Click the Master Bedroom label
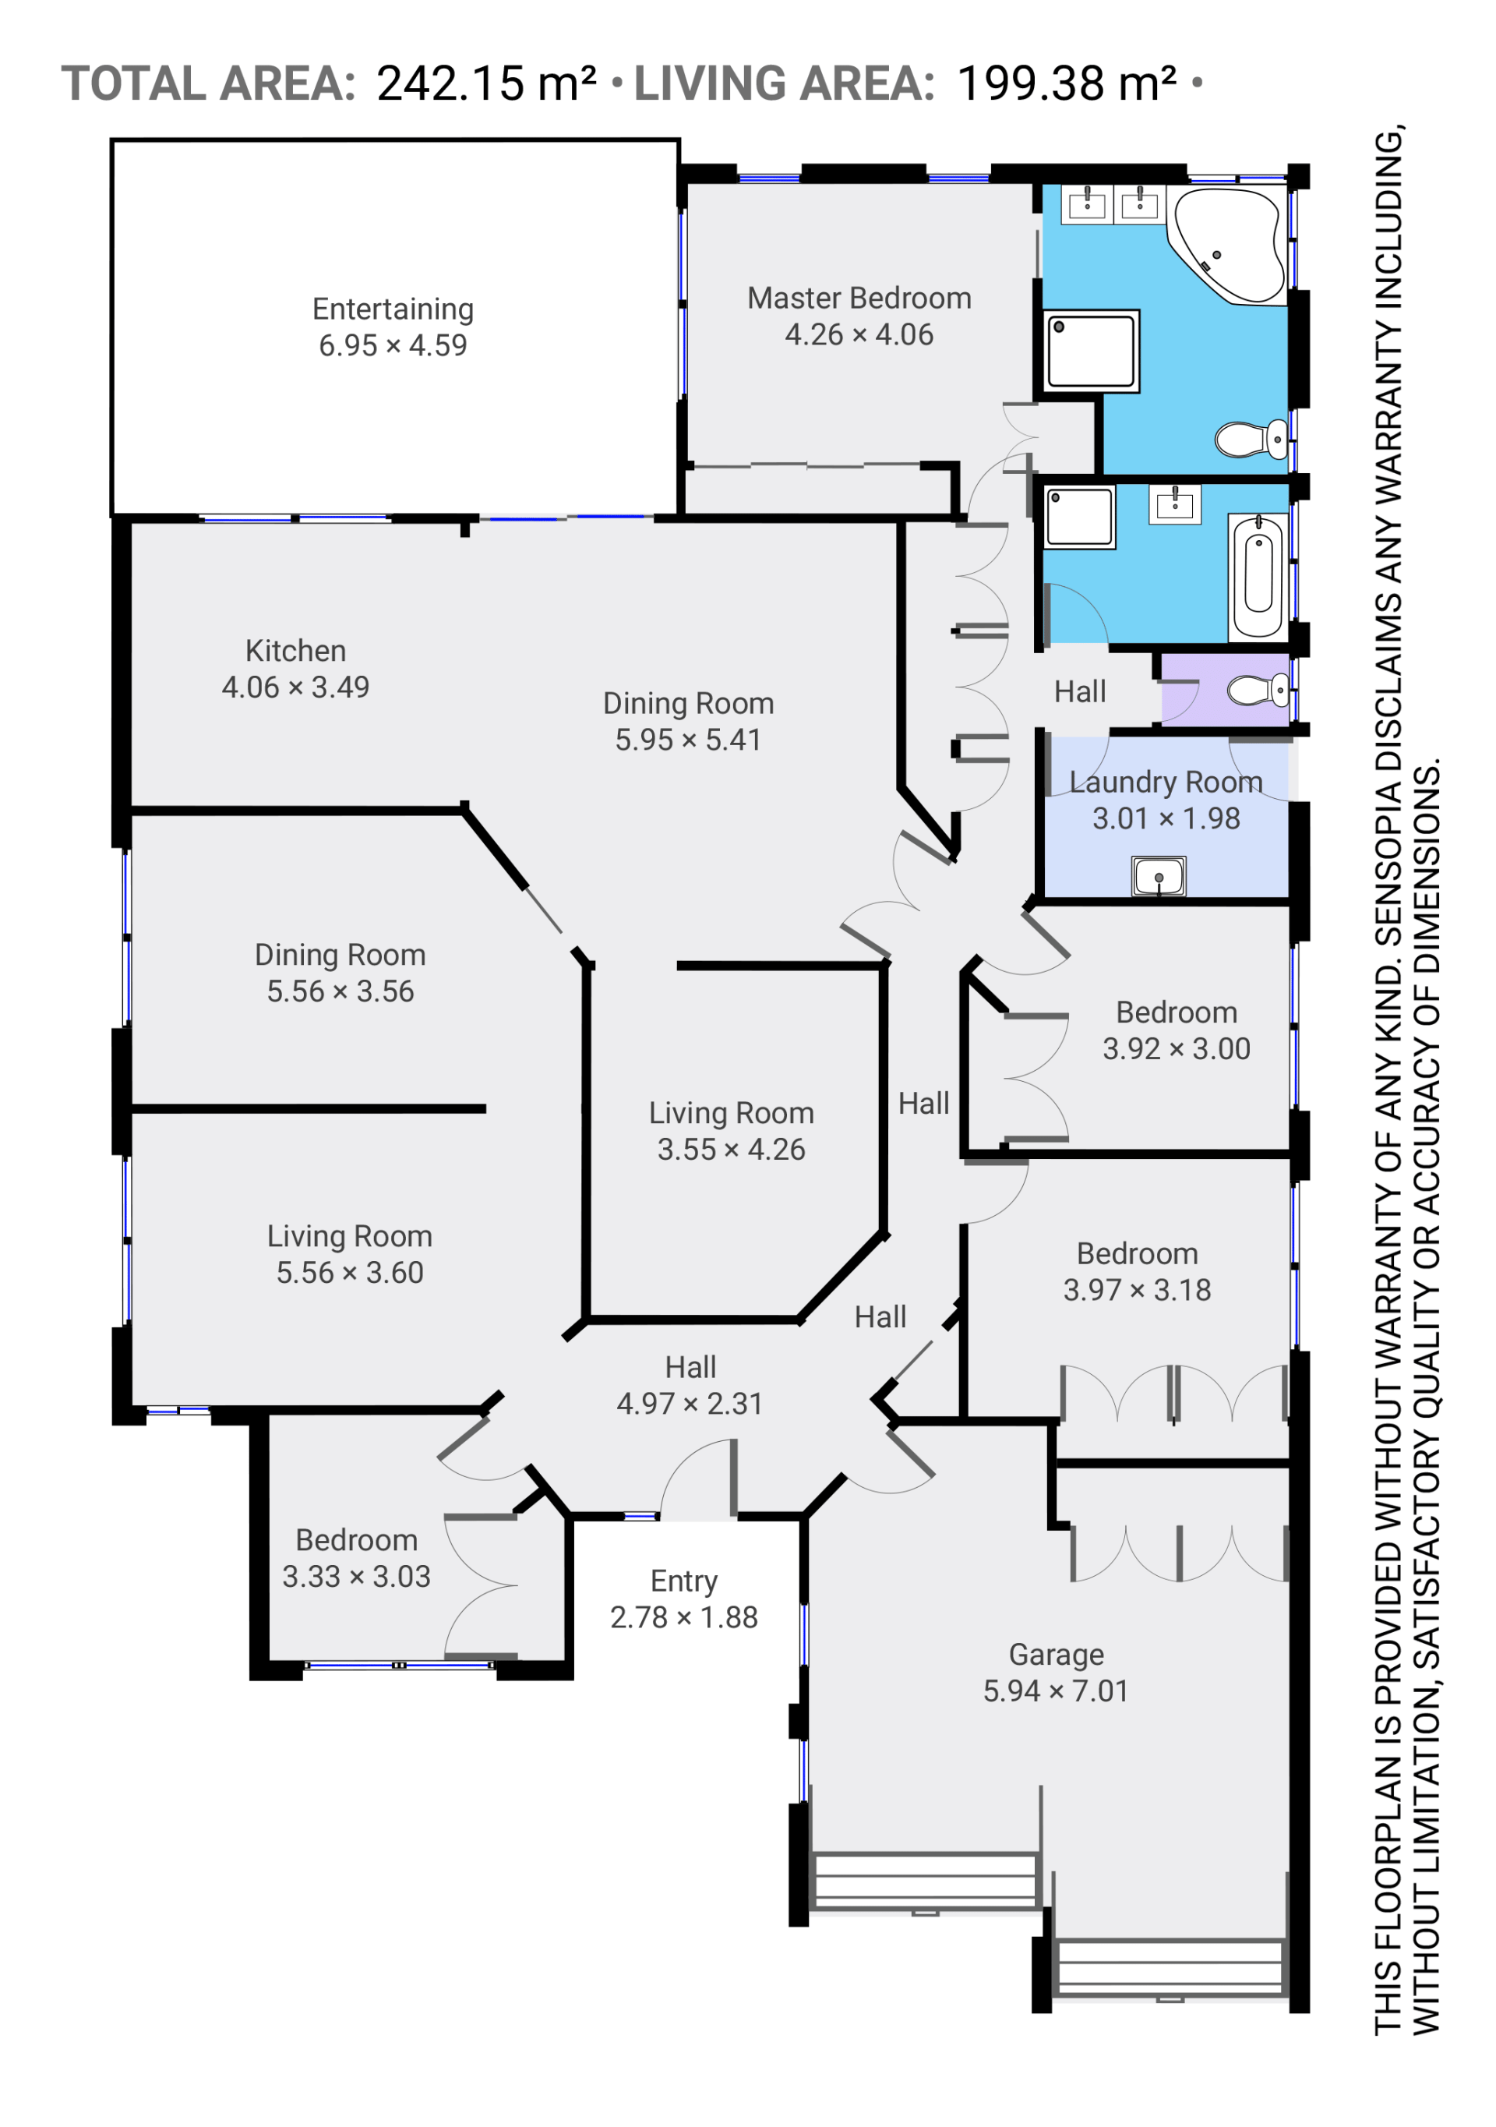pyautogui.click(x=859, y=299)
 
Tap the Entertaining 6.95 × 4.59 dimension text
pyautogui.click(x=393, y=345)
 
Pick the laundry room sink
pyautogui.click(x=1158, y=875)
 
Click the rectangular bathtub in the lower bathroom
pyautogui.click(x=1258, y=576)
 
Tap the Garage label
pyautogui.click(x=1056, y=1655)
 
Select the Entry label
pyautogui.click(x=683, y=1581)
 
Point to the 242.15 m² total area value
pyautogui.click(x=486, y=83)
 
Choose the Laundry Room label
pyautogui.click(x=1166, y=782)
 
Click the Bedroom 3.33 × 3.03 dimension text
pyautogui.click(x=357, y=1577)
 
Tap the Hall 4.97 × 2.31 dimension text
pyautogui.click(x=690, y=1404)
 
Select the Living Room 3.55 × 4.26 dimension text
pyautogui.click(x=731, y=1149)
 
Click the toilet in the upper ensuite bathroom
pyautogui.click(x=1251, y=438)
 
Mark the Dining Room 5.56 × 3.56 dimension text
pyautogui.click(x=340, y=991)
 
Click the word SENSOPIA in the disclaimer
pyautogui.click(x=1387, y=848)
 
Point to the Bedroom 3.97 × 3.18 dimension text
pyautogui.click(x=1137, y=1290)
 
